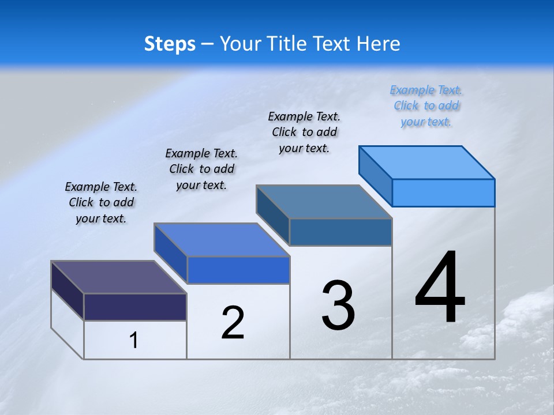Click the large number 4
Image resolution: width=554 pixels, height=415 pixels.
pyautogui.click(x=440, y=288)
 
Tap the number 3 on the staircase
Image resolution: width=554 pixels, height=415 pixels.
pyautogui.click(x=338, y=305)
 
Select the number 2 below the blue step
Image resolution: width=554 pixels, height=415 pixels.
pyautogui.click(x=233, y=322)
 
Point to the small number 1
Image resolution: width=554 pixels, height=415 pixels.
pyautogui.click(x=134, y=341)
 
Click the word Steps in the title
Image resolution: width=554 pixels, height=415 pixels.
pyautogui.click(x=170, y=44)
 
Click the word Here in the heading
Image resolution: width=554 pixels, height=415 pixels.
pyautogui.click(x=379, y=44)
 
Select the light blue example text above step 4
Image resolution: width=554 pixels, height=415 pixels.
pyautogui.click(x=426, y=106)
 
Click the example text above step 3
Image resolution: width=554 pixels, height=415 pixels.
pyautogui.click(x=304, y=132)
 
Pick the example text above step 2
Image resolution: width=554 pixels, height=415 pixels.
pyautogui.click(x=201, y=169)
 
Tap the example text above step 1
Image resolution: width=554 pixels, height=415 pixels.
pyautogui.click(x=101, y=202)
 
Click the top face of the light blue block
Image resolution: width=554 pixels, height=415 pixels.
pyautogui.click(x=427, y=162)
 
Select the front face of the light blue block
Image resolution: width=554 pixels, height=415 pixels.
pyautogui.click(x=443, y=193)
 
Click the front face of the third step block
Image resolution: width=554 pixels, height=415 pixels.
pyautogui.click(x=340, y=232)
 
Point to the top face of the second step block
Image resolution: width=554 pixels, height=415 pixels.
pyautogui.click(x=222, y=240)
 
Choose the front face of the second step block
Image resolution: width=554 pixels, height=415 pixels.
pyautogui.click(x=238, y=270)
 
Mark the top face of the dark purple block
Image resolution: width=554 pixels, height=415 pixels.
pyautogui.click(x=119, y=277)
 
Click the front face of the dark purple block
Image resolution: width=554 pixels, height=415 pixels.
pyautogui.click(x=135, y=307)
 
